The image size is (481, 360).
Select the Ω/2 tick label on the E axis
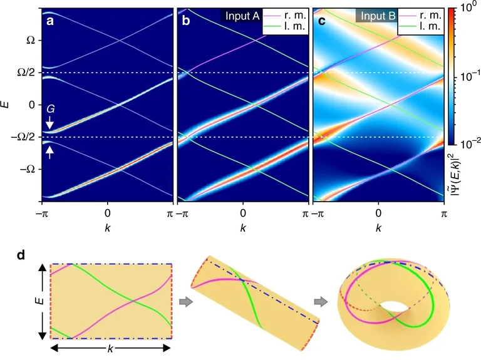pos(28,73)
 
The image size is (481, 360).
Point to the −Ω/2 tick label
pos(26,137)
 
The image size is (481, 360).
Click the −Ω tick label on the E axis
pos(28,169)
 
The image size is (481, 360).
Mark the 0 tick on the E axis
pos(33,105)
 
